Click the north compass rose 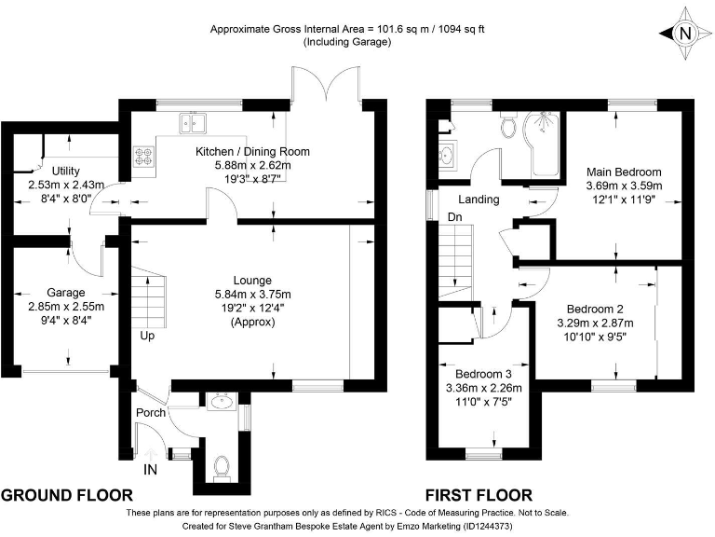pos(685,33)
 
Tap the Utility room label pos(66,171)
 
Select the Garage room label pos(66,292)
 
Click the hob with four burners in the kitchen pos(144,157)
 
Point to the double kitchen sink pos(193,122)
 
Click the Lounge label pos(252,281)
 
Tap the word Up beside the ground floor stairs pos(147,336)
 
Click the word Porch pos(151,412)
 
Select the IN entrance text pos(150,469)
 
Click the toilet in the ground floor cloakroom pos(223,467)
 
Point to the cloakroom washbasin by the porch pos(222,402)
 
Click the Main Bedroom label pos(624,172)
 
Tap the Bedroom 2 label pos(595,310)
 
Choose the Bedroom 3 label pos(483,375)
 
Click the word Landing pos(479,200)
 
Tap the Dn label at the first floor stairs pos(454,217)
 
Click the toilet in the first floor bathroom pos(507,125)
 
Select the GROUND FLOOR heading pos(67,495)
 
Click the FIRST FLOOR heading pos(479,495)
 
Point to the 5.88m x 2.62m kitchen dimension pos(252,165)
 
